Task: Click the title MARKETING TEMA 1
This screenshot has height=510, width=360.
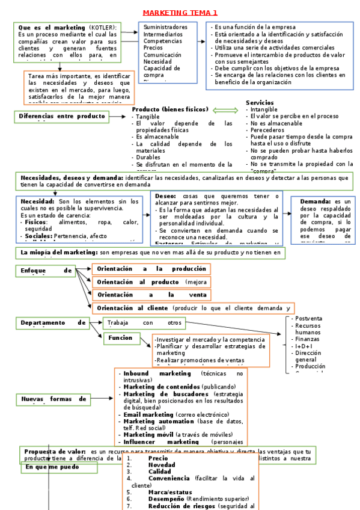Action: coord(180,13)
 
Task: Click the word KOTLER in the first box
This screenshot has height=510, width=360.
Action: coord(104,28)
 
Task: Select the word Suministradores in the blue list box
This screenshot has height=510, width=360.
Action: coord(165,27)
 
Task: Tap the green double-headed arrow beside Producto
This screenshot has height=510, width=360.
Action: coord(226,109)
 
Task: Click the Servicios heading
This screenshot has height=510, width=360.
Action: coord(260,103)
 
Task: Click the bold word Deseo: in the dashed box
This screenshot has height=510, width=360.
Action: coord(165,196)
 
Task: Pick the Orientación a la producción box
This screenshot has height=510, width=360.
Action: coord(151,269)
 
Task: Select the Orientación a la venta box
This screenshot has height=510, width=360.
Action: coord(151,295)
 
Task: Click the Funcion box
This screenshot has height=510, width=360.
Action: coord(120,338)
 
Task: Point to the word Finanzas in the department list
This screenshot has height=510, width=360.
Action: coord(307,339)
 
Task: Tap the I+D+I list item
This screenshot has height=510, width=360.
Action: coord(304,346)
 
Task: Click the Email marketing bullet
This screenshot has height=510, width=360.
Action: coord(148,415)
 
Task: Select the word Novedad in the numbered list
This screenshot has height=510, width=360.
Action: coord(162,465)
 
